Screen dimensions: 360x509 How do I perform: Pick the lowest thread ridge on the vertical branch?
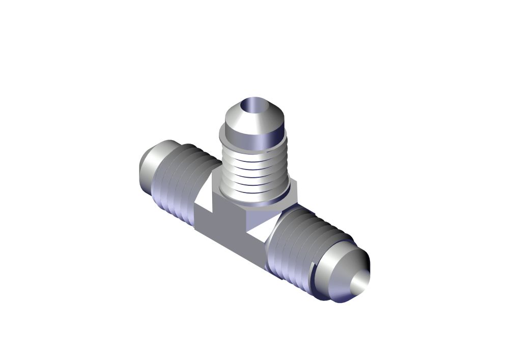tap(253, 191)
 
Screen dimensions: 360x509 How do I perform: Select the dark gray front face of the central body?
tap(229, 239)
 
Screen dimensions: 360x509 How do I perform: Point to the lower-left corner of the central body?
tap(196, 227)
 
